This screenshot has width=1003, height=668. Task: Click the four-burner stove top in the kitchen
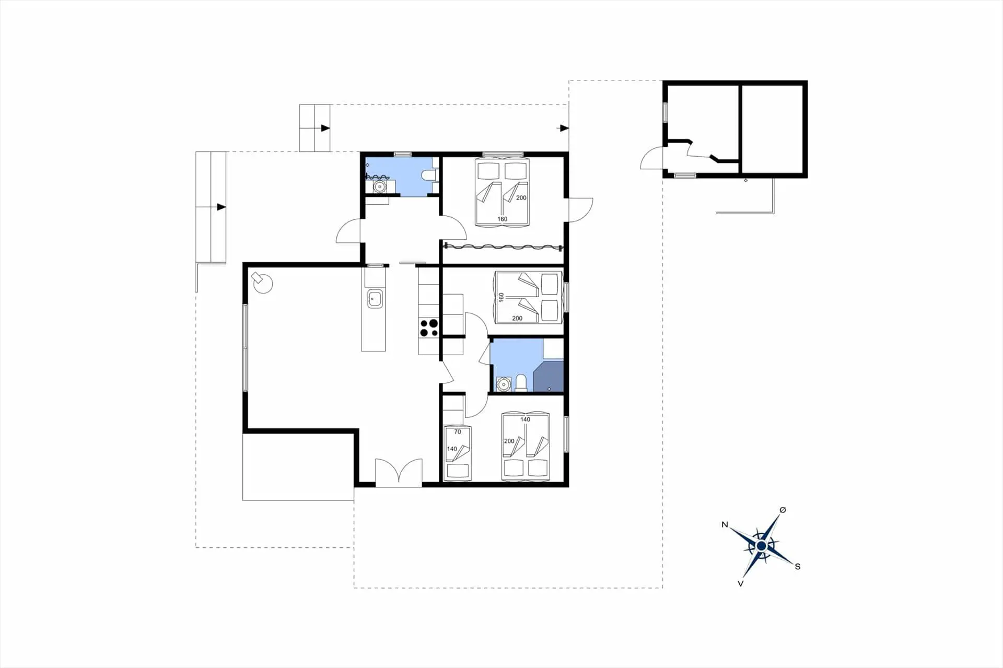coord(429,328)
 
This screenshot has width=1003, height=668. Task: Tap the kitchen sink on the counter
coord(375,299)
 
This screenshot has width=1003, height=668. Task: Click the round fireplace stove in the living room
coord(262,283)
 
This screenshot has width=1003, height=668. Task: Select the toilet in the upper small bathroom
coord(428,175)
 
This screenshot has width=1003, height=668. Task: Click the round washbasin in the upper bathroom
coord(380,186)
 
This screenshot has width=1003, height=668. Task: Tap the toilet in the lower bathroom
coord(521,383)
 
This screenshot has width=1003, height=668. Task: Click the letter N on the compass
coord(725,524)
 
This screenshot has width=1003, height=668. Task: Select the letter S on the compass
coord(798,566)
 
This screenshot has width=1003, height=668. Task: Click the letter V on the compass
coord(740,583)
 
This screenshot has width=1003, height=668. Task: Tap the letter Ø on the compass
coord(783,510)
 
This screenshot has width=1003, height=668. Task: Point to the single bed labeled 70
coord(457,453)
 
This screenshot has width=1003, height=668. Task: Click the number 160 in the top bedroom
coord(502,219)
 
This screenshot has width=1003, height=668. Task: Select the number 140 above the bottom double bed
coord(525,419)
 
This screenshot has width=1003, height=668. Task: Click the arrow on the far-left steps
coord(221,207)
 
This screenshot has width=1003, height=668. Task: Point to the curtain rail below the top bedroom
coord(503,247)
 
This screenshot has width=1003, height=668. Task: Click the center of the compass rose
coord(761,546)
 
